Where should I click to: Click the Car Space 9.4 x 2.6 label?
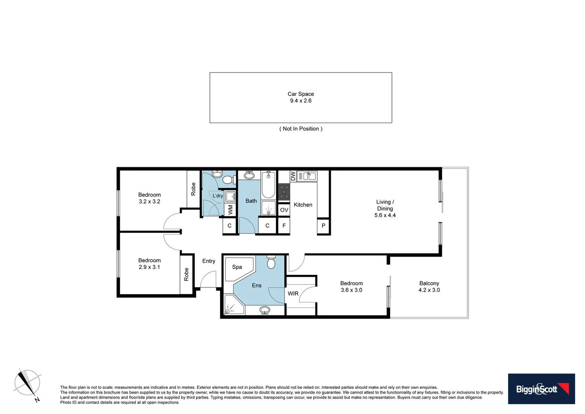pos(301,97)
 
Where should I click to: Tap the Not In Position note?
pos(301,129)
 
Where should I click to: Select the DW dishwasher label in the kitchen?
pos(293,176)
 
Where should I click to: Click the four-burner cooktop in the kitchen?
pos(284,192)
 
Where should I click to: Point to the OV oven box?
pos(284,210)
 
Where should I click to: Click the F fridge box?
pos(284,226)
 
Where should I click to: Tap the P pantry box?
pos(323,226)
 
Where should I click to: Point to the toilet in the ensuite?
pos(271,262)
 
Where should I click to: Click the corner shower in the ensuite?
pos(232,305)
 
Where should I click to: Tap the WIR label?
pos(293,294)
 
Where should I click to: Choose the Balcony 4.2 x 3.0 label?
pos(429,287)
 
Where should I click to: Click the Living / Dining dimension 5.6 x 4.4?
pos(385,215)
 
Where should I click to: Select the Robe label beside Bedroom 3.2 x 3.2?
pos(193,189)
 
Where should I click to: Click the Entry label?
pos(209,261)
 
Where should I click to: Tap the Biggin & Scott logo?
pos(541,389)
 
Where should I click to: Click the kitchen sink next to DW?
pos(307,176)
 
